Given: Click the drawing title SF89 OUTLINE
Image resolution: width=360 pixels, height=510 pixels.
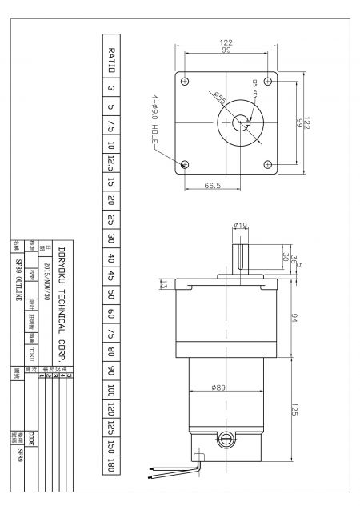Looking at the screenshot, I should coord(18,271).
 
